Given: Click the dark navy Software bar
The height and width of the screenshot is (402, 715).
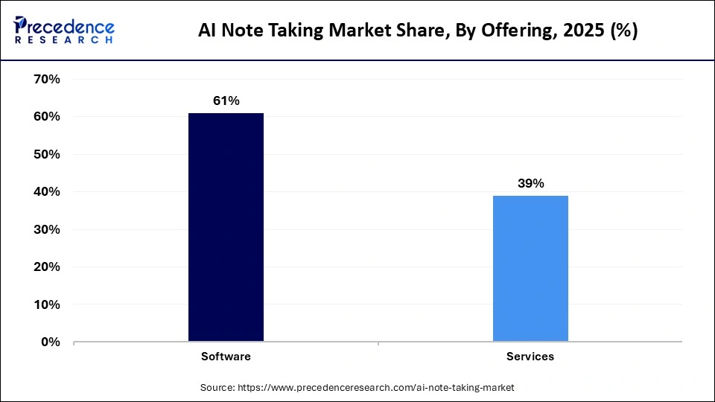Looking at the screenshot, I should [x=226, y=227].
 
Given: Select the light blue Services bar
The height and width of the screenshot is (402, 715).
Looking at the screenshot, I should [x=530, y=269].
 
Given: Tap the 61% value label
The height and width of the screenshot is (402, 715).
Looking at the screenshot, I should [x=226, y=100].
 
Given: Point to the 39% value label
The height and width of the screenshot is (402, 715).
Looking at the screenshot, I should [x=530, y=183].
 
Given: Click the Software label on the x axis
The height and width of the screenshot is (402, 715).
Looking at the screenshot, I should [x=226, y=357].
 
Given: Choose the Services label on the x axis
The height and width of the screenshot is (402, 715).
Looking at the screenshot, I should [x=530, y=357].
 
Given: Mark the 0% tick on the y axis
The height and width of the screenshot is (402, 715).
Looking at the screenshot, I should [x=48, y=342].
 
